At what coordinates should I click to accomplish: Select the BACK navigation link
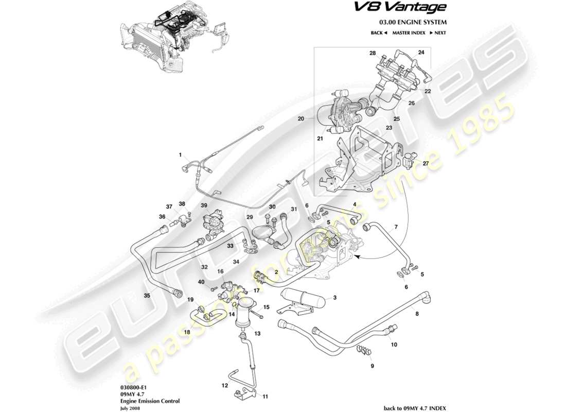379,33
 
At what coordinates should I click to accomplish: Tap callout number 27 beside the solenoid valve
425,163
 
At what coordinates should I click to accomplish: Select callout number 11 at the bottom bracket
266,397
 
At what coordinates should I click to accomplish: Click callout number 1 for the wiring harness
181,154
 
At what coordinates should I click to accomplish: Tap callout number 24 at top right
421,53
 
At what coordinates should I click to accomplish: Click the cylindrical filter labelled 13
244,315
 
